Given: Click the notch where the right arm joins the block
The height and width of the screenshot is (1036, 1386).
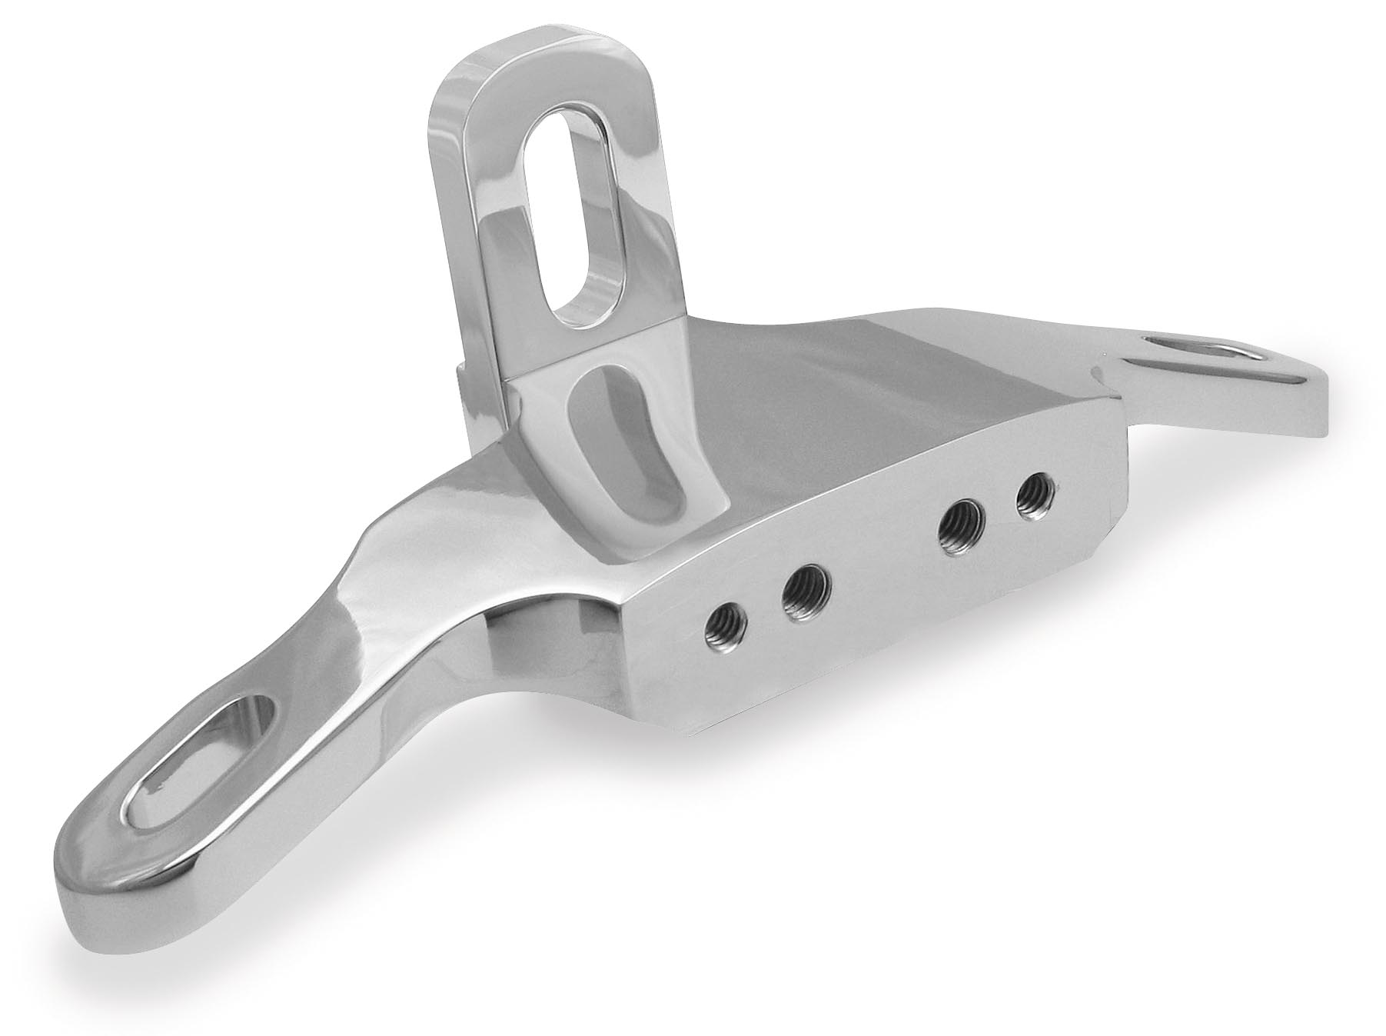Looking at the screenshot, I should click(1107, 377).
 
